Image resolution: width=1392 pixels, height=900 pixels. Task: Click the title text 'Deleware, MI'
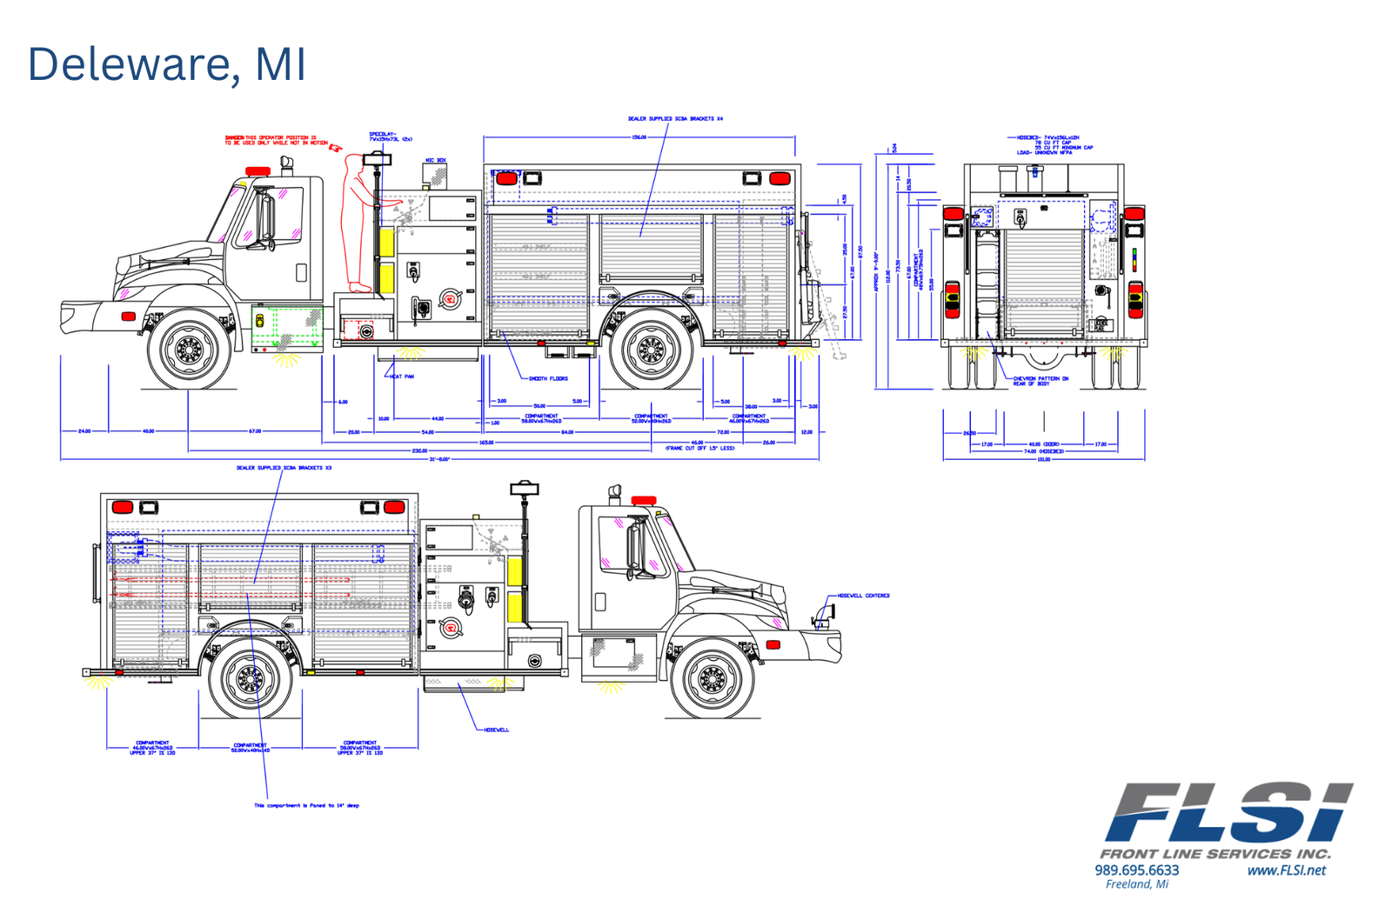click(x=167, y=64)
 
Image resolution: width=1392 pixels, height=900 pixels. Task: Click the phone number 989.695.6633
click(x=1136, y=870)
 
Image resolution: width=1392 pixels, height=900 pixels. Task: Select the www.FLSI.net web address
click(x=1286, y=870)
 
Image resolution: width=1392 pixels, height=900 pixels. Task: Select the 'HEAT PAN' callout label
click(x=402, y=377)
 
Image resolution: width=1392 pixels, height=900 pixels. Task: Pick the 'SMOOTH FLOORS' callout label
click(x=548, y=379)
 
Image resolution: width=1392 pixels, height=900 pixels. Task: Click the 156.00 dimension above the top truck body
click(x=639, y=137)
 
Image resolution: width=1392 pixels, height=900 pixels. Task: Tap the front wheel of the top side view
click(x=189, y=349)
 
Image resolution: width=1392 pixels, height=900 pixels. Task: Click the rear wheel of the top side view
click(x=651, y=349)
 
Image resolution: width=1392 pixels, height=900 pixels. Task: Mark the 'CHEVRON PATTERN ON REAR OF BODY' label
click(x=1041, y=381)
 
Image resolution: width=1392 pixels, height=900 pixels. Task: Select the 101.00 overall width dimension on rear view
click(x=1043, y=459)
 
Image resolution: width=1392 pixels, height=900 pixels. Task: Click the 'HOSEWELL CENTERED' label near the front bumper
click(x=863, y=596)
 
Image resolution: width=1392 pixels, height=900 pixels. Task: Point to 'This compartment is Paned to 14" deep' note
click(x=306, y=805)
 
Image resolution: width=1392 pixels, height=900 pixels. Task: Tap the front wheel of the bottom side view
click(x=712, y=678)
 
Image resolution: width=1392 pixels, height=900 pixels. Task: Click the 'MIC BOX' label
click(x=435, y=161)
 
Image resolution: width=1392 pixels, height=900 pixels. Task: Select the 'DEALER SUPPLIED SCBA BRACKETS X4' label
click(x=675, y=119)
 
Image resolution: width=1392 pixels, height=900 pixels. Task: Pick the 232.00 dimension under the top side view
click(x=419, y=450)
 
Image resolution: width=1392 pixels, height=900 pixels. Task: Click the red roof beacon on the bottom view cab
click(x=644, y=500)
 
